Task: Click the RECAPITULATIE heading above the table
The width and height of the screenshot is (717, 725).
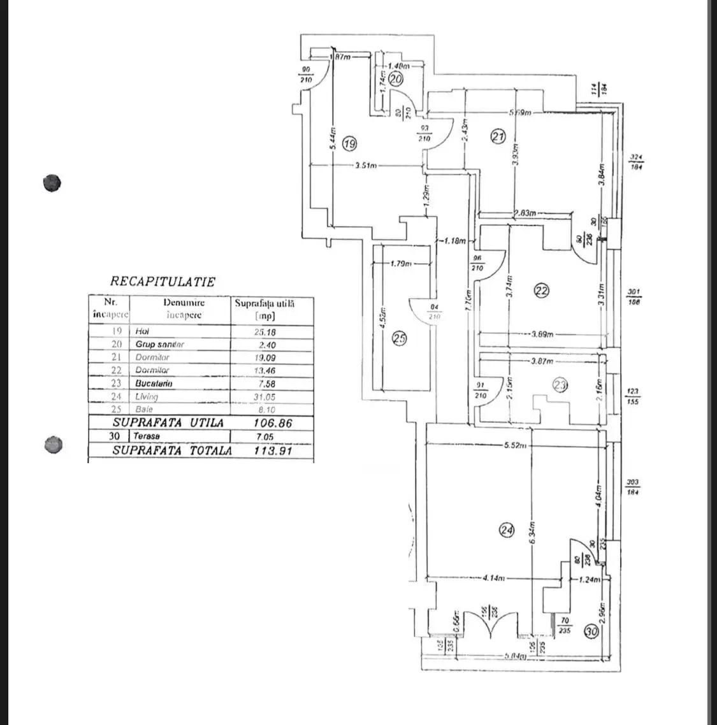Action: click(163, 281)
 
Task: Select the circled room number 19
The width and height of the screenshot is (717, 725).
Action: click(349, 144)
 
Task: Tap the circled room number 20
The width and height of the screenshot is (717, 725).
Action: click(396, 79)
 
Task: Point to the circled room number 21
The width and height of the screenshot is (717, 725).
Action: click(498, 135)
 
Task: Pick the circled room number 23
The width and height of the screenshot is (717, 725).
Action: click(560, 385)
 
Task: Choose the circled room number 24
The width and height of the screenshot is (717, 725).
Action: click(507, 530)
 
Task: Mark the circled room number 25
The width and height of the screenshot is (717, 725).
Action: click(399, 339)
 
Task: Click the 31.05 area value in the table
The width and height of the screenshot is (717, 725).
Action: click(268, 396)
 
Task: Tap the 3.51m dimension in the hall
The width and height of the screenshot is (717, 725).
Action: click(366, 166)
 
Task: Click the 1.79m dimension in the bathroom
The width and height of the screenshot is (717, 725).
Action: click(400, 263)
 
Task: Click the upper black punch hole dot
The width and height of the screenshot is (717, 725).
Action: click(52, 183)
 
